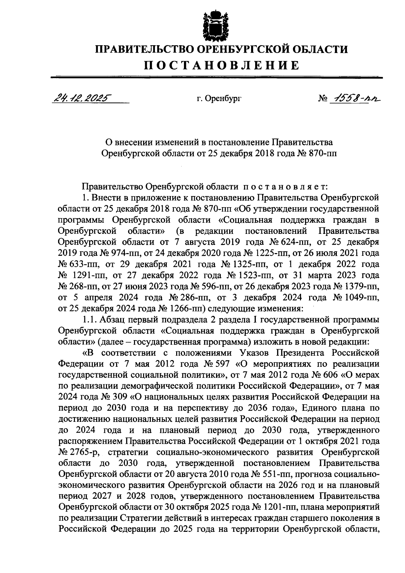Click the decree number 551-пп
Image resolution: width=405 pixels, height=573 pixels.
274,474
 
